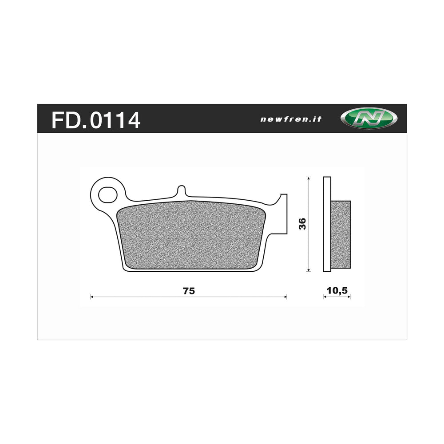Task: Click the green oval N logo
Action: point(369,119)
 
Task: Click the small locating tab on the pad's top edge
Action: point(181,191)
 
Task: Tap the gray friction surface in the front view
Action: point(191,235)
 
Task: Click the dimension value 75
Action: point(188,291)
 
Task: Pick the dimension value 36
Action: point(302,224)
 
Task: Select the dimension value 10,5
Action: point(337,291)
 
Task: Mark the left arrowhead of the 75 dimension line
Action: point(92,297)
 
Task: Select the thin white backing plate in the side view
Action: point(327,224)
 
